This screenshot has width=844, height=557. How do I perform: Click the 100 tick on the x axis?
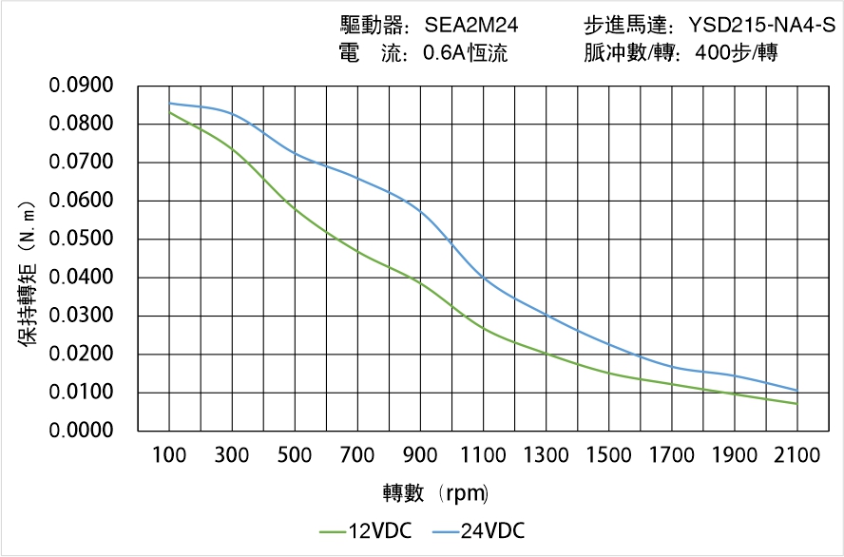[170, 455]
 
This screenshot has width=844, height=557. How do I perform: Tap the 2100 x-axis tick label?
[796, 455]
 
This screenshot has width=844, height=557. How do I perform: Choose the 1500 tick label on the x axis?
[609, 455]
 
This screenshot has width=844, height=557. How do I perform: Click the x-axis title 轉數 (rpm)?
[435, 493]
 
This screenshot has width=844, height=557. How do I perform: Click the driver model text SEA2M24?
[470, 26]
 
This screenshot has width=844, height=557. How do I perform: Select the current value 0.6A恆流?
[465, 53]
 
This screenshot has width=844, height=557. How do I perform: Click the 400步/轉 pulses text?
[737, 53]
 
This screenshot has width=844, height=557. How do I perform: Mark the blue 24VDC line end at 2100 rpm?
[796, 391]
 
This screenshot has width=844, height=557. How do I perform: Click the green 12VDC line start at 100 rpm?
[170, 113]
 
